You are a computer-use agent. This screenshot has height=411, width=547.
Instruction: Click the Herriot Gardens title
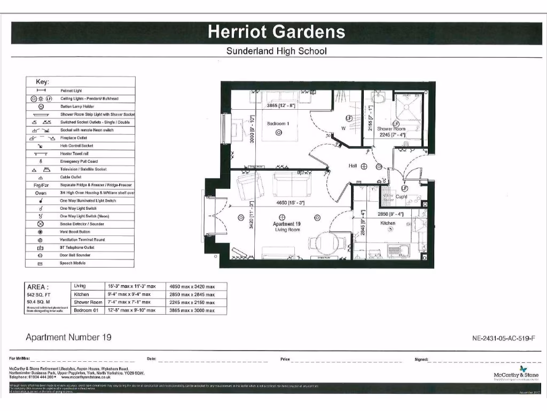click(x=276, y=32)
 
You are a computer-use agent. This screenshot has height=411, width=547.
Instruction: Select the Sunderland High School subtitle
click(x=276, y=51)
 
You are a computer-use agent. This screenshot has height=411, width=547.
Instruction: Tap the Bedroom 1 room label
click(x=278, y=124)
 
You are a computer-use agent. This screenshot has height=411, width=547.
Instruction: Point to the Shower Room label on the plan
click(x=391, y=129)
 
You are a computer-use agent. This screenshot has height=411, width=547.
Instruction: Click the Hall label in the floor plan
click(x=353, y=166)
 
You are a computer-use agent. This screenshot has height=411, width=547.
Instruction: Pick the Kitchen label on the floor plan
click(x=388, y=223)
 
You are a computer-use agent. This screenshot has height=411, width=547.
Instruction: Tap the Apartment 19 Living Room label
click(x=286, y=227)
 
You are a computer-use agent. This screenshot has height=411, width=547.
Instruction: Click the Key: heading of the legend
click(x=42, y=82)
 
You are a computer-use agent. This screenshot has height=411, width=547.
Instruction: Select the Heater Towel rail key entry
click(x=79, y=154)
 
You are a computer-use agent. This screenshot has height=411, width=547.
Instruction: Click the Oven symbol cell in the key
click(x=41, y=193)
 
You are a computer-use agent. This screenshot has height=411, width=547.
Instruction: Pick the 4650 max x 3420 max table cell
click(x=192, y=286)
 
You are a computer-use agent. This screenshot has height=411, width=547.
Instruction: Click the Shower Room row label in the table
click(x=88, y=302)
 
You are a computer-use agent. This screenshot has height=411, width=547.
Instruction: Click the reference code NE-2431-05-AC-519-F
click(x=503, y=338)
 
